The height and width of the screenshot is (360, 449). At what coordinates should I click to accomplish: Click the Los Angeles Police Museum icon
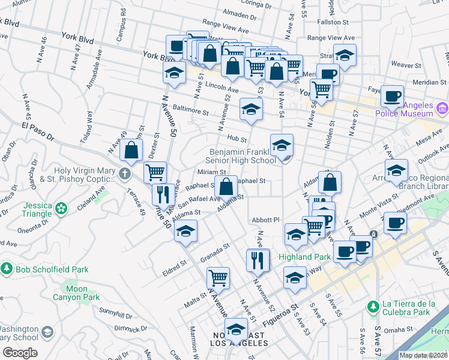pos(443,109)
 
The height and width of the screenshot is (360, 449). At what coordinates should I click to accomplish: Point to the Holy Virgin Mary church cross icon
pos(125,175)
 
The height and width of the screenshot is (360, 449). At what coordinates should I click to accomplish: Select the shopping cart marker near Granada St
pos(218,277)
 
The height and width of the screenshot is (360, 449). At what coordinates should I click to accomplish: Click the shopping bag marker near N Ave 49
pos(131,150)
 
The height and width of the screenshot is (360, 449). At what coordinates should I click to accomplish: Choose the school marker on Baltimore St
pos(252,109)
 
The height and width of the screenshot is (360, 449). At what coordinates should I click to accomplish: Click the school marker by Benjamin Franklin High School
pos(282,145)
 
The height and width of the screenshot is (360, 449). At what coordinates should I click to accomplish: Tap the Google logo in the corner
pos(19,353)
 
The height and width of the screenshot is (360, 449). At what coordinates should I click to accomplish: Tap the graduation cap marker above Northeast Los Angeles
pos(237,329)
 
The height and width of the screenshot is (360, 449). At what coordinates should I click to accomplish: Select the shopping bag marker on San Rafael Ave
pos(228,186)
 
